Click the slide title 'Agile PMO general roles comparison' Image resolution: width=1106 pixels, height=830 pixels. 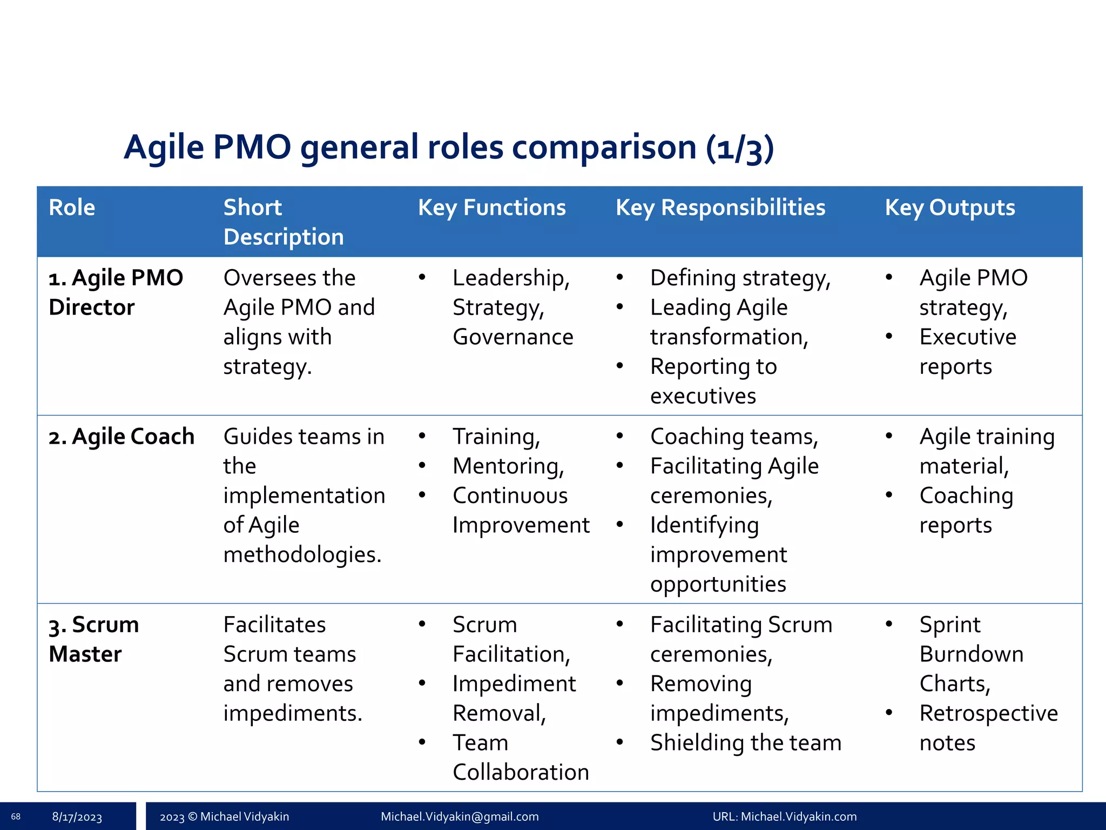pos(448,147)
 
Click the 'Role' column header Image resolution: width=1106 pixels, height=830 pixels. pos(72,207)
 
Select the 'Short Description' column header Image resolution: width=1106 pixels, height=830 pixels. pos(283,222)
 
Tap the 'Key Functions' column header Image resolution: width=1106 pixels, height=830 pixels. pos(491,207)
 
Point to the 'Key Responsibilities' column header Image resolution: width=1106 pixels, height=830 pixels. pos(720,207)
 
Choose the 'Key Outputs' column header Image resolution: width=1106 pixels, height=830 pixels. pos(949,207)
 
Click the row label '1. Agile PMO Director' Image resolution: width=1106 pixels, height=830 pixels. pos(116,292)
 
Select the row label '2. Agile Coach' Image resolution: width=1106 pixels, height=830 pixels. pos(122,437)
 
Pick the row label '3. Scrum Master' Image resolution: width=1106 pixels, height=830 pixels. pos(93,639)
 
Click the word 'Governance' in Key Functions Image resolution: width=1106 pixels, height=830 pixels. pos(512,337)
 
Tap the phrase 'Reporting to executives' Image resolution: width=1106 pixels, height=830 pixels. pos(713,381)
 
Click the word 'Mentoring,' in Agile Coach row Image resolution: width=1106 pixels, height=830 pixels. pos(508,466)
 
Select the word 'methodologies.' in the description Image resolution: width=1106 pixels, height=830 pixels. pos(302,555)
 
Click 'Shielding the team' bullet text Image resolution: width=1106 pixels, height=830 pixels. pos(745,743)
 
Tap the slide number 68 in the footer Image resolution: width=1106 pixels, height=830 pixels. pos(16,816)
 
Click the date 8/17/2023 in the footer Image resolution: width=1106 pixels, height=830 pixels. pos(77,817)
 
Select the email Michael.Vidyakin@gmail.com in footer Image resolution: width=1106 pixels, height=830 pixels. pos(460,816)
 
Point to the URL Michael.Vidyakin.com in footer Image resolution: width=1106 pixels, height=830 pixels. pos(784,816)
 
